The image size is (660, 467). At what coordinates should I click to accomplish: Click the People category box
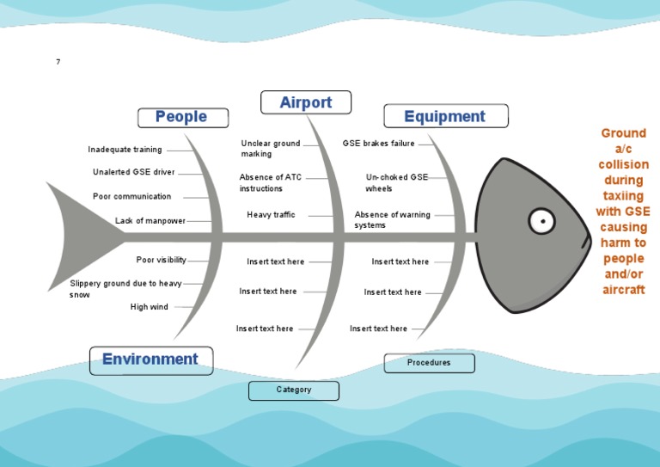coord(182,117)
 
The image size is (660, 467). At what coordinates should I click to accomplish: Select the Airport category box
coord(305,102)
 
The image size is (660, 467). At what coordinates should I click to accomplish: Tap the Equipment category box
coord(445,116)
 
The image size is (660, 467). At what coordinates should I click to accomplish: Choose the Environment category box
coord(150,359)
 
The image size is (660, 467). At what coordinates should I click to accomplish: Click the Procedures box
coord(429,363)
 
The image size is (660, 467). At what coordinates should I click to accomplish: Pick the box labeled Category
coord(293,390)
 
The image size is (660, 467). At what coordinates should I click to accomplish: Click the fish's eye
coord(541,221)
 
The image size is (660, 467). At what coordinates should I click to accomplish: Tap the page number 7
coord(58,62)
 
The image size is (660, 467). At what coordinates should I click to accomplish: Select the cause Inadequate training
coord(125,150)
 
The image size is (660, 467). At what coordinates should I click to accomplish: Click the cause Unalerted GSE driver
coord(133,172)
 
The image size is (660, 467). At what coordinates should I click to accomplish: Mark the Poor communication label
coord(131,197)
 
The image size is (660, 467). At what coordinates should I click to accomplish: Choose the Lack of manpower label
coord(150,221)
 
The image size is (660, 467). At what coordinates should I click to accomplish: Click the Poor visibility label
coord(161,260)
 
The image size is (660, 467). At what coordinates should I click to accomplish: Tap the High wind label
coord(150,307)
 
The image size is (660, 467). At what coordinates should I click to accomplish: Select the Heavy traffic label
coord(271,215)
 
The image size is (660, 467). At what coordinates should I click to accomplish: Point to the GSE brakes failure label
coord(378,144)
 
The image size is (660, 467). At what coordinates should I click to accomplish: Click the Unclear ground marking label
coord(270,149)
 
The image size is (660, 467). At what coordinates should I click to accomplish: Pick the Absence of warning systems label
coord(392,220)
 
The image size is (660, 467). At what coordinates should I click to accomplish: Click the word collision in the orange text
coord(624,164)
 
